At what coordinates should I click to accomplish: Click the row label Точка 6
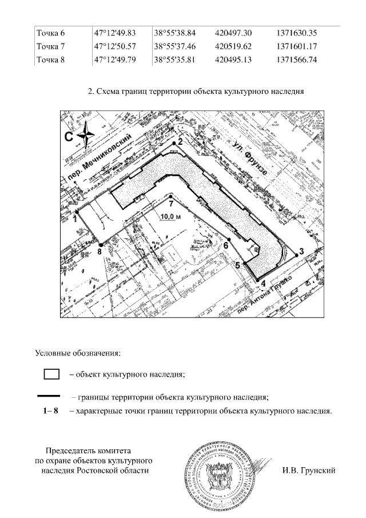pyautogui.click(x=50, y=33)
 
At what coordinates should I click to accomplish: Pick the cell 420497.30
pyautogui.click(x=235, y=33)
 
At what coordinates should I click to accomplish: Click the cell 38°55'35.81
pyautogui.click(x=174, y=59)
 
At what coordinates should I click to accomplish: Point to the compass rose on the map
pyautogui.click(x=85, y=136)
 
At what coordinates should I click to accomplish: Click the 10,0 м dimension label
pyautogui.click(x=170, y=216)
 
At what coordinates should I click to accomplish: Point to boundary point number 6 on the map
pyautogui.click(x=229, y=240)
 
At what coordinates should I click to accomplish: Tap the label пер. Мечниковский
pyautogui.click(x=103, y=157)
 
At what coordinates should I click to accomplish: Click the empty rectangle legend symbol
pyautogui.click(x=52, y=374)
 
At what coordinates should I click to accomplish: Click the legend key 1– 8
pyautogui.click(x=51, y=411)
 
